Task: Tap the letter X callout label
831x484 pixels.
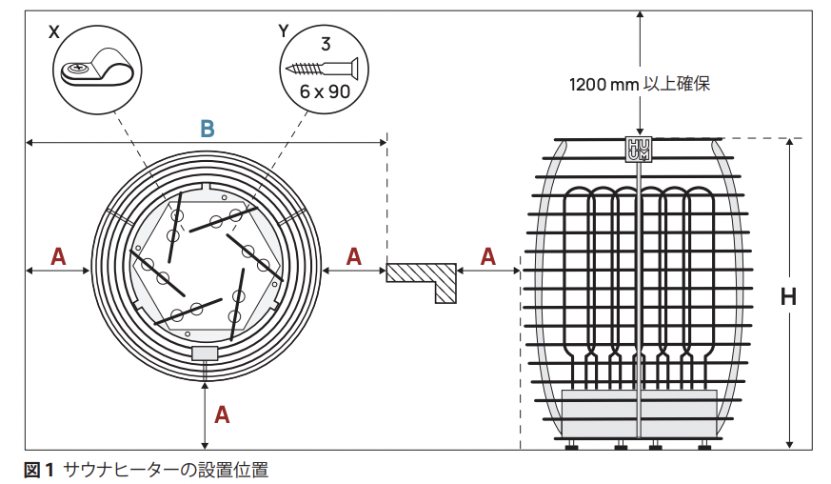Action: (53, 30)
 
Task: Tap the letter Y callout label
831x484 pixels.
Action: (283, 30)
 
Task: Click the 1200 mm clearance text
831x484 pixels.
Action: (639, 84)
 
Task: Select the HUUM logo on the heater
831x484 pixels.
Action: (637, 150)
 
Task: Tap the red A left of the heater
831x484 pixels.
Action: (58, 256)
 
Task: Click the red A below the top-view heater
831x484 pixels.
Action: (222, 414)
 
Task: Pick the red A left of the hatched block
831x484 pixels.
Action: (353, 256)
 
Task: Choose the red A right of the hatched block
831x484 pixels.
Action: (488, 256)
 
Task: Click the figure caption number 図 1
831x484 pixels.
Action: (39, 469)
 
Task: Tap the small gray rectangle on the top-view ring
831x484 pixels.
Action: (205, 353)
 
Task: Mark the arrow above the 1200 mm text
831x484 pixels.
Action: (640, 38)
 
